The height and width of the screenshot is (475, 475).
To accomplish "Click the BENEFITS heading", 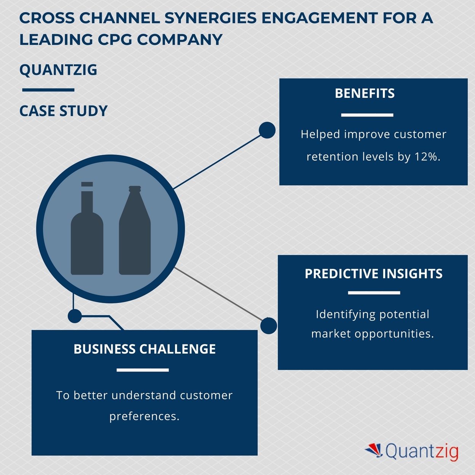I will (365, 94).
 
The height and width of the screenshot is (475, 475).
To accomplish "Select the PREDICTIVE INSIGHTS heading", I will (373, 274).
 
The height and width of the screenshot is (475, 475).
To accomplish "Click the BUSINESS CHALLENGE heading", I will (145, 349).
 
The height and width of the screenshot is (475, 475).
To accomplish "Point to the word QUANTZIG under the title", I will (58, 70).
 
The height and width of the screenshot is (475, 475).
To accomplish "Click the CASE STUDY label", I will (64, 111).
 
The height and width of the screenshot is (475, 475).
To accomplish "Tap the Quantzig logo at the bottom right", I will (412, 452).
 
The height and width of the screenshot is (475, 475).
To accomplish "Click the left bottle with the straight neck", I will (87, 236).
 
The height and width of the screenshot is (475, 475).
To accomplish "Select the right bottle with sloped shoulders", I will (135, 236).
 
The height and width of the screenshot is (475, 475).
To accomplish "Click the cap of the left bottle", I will (87, 184).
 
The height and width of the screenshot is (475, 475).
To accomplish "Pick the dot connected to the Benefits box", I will (267, 130).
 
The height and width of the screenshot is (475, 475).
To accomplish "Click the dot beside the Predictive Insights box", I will (269, 326).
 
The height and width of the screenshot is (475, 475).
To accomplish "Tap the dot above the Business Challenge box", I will (75, 316).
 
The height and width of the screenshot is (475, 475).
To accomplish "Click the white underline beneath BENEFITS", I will (367, 115).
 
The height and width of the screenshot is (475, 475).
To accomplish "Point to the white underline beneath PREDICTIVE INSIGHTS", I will (374, 293).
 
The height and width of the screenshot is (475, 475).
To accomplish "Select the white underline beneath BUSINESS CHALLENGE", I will (142, 370).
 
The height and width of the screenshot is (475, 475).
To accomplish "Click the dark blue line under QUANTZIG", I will (48, 90).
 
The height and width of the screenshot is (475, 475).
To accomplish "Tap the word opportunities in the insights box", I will (394, 334).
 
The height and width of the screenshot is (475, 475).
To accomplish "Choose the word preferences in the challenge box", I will (144, 416).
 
